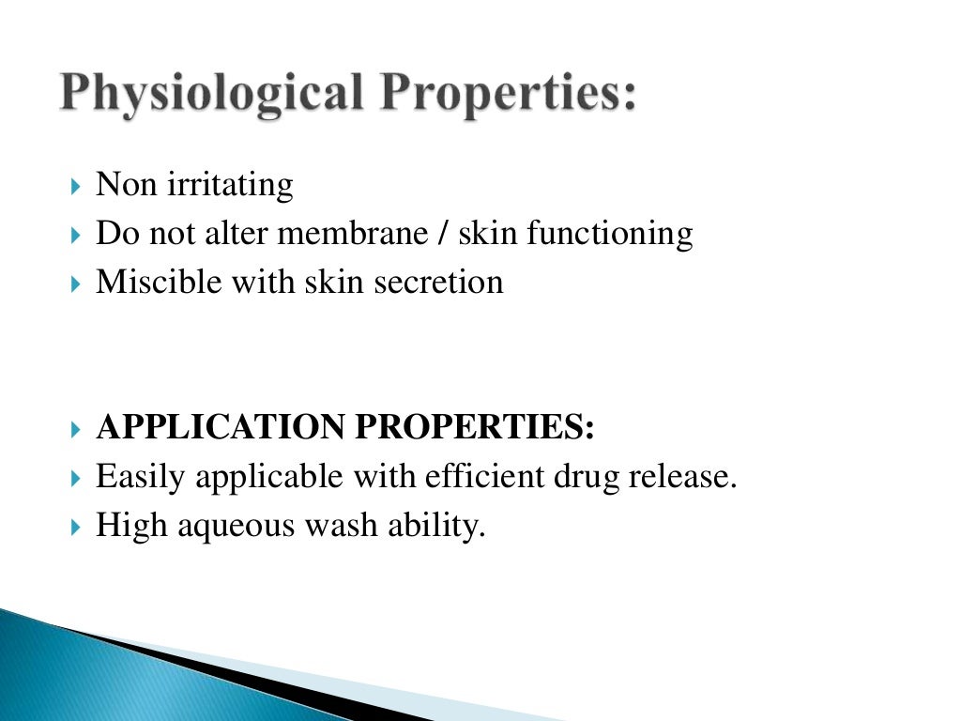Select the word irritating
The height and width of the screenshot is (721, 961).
(230, 185)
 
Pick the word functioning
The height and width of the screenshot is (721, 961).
(609, 233)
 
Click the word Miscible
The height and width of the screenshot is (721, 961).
(149, 282)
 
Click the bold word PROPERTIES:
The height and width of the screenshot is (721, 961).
(475, 427)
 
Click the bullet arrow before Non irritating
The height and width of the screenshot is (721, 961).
(76, 186)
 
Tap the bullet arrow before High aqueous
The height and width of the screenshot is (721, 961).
(76, 527)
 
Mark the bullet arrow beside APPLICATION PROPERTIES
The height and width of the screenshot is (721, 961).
(76, 429)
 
